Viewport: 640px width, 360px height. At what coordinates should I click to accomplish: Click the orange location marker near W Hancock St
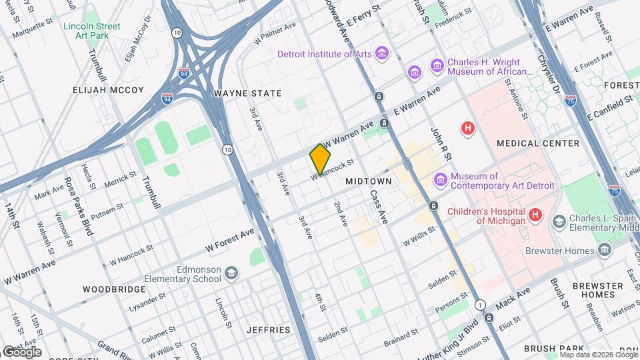pos(320,159)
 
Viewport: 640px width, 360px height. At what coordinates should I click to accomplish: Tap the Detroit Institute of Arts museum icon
pos(381,53)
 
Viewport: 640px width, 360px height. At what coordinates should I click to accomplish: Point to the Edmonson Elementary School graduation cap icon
pos(231,274)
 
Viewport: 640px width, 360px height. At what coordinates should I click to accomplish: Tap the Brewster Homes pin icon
pos(605,251)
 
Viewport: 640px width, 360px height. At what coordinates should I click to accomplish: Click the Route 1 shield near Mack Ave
pos(480,305)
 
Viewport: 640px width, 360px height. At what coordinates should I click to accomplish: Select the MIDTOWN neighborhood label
pos(368,181)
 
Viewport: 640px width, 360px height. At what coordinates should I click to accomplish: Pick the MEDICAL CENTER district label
pos(538,143)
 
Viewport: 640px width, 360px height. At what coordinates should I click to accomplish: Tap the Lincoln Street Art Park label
pos(91,31)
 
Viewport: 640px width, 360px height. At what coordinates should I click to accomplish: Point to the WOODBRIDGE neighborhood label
pos(114,289)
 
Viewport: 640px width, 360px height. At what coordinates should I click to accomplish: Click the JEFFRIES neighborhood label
pos(267,330)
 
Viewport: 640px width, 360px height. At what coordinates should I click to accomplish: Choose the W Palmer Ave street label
pos(275,32)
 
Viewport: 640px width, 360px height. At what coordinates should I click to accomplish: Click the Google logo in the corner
pos(22,351)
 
